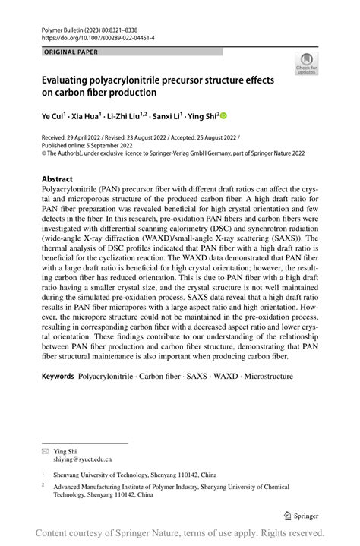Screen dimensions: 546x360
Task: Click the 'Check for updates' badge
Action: tap(306, 65)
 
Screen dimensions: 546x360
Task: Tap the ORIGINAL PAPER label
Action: tap(71, 52)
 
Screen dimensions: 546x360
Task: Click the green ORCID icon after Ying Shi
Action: tap(223, 115)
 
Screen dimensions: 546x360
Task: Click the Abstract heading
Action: tap(58, 180)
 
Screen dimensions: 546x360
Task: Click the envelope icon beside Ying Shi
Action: tap(44, 450)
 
